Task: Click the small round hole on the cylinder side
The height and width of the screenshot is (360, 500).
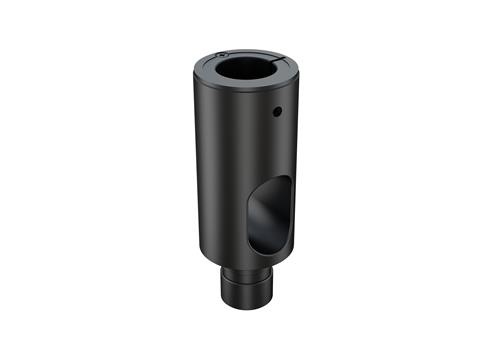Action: tap(281, 112)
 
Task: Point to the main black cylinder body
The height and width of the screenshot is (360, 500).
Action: tap(220, 170)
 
